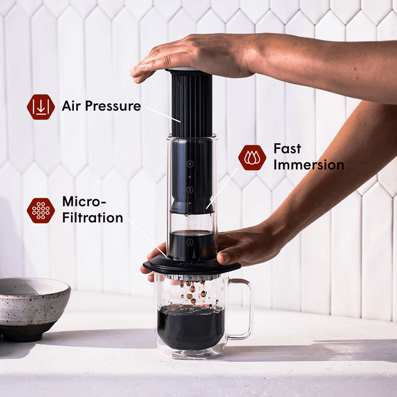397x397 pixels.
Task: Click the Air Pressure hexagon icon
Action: (40, 107)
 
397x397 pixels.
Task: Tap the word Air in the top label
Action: (73, 106)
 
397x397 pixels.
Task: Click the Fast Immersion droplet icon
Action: (252, 158)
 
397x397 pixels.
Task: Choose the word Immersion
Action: (308, 165)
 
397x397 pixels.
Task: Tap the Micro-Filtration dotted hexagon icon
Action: (40, 210)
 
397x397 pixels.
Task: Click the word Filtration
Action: (92, 217)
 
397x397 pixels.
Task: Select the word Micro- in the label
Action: (83, 200)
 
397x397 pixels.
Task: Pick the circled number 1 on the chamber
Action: (190, 242)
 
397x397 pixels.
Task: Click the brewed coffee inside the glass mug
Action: (190, 328)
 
